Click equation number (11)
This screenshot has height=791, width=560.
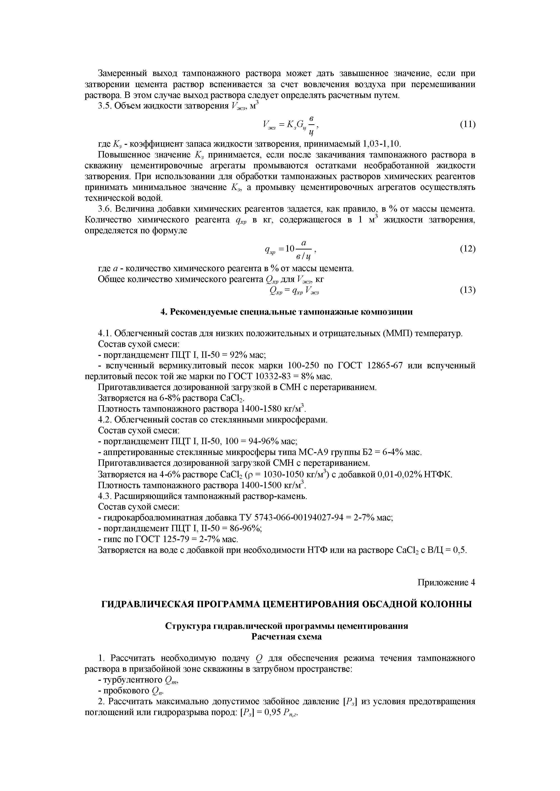[468, 124]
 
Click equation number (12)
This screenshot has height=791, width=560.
[468, 249]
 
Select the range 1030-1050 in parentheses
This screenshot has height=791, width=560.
[283, 474]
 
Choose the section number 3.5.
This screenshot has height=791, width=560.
[105, 106]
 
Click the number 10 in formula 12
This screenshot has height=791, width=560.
[290, 248]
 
